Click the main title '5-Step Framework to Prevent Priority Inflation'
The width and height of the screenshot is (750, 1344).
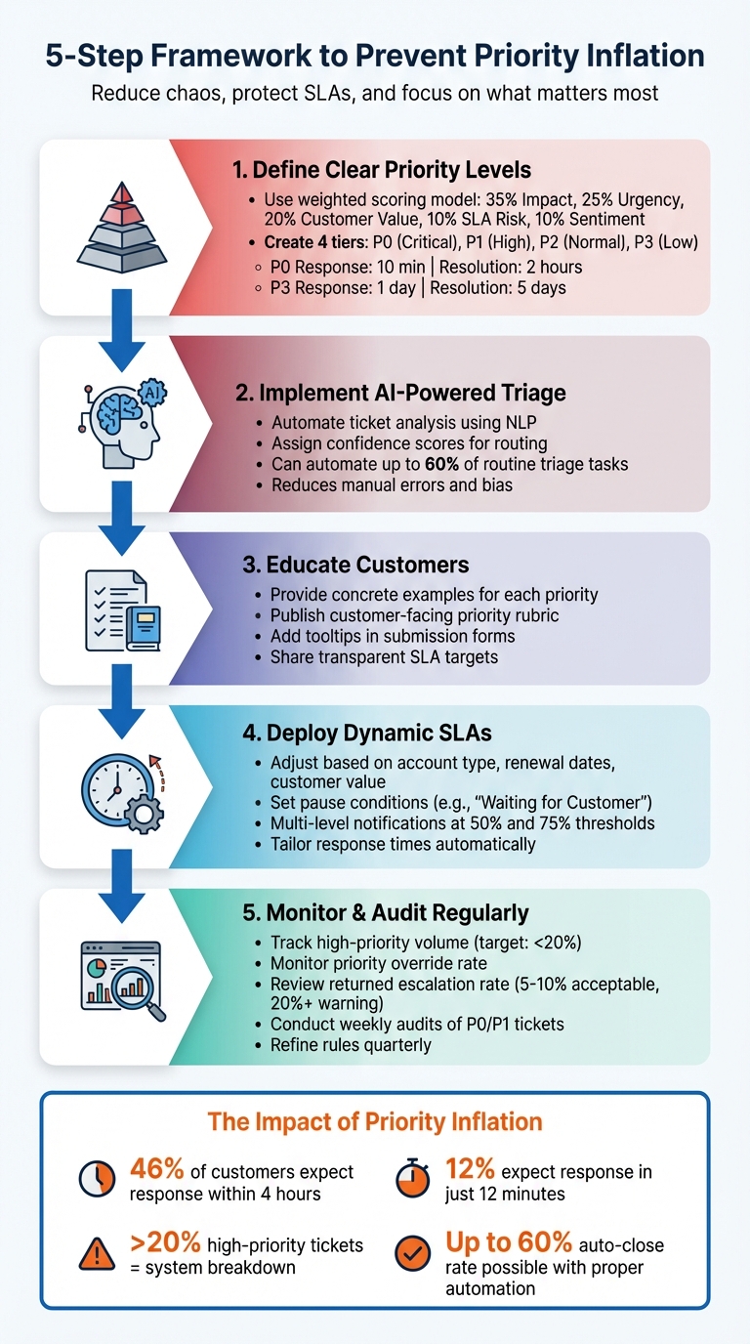pos(375,55)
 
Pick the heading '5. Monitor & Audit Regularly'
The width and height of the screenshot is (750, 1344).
pos(385,912)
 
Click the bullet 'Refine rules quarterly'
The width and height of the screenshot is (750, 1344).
pos(350,1044)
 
